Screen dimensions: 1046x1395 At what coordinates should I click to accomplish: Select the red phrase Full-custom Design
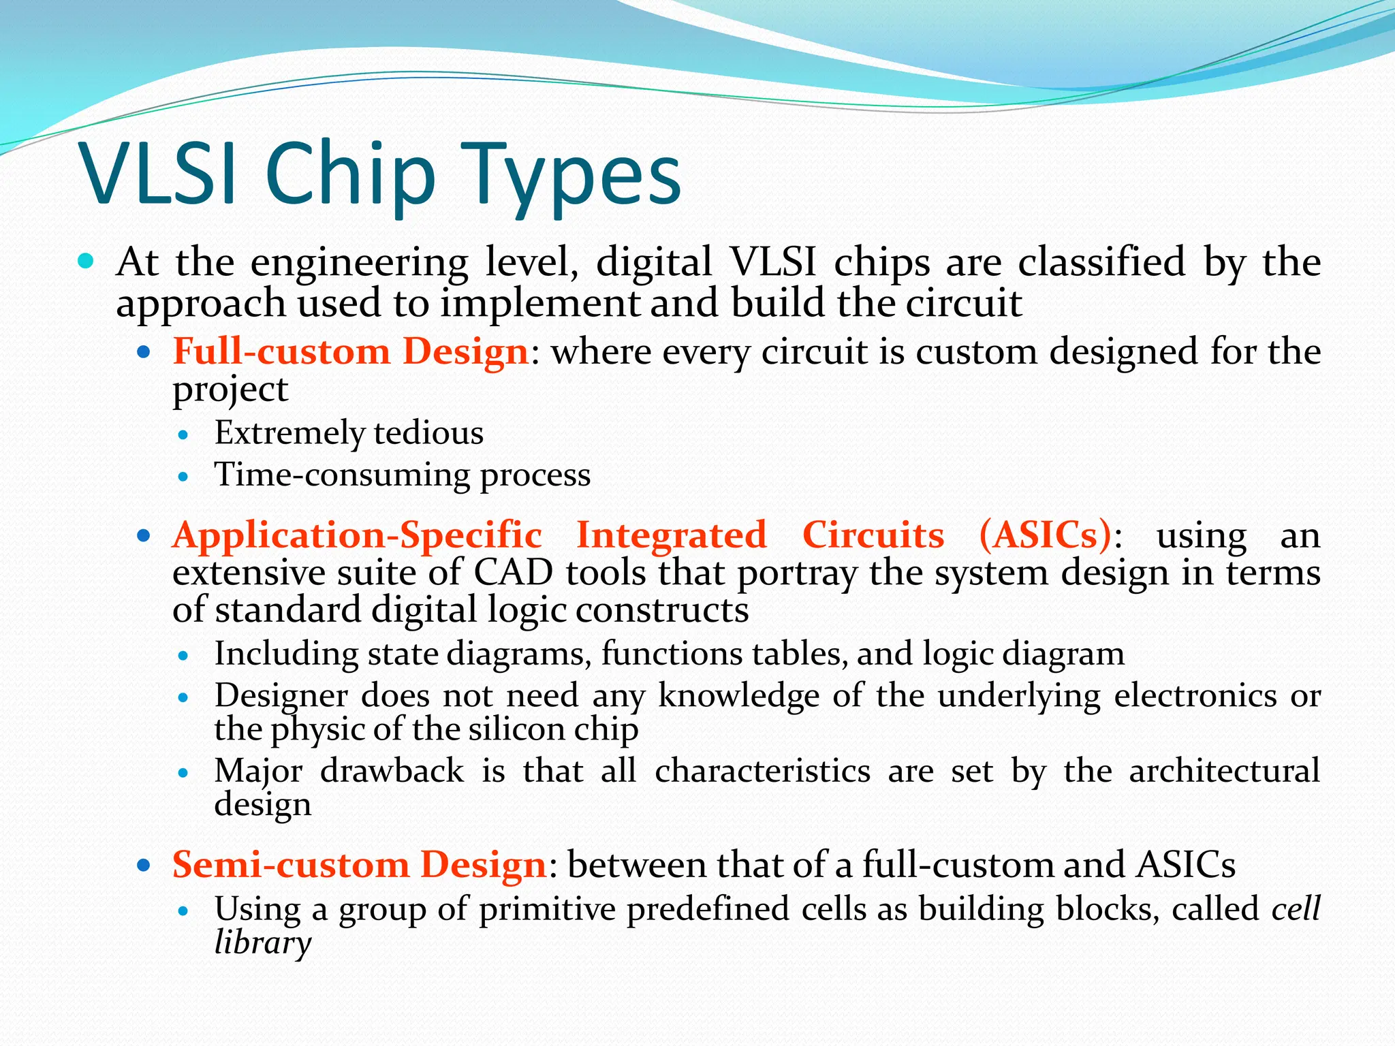pyautogui.click(x=351, y=351)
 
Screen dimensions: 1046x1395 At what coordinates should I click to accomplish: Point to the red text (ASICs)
pyautogui.click(x=1045, y=535)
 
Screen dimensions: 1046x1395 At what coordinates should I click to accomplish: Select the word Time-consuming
pyautogui.click(x=342, y=475)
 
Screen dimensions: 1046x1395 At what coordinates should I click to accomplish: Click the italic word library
pyautogui.click(x=262, y=943)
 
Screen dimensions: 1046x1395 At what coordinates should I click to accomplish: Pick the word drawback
pyautogui.click(x=392, y=772)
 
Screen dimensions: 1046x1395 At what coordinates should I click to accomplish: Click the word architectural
pyautogui.click(x=1224, y=772)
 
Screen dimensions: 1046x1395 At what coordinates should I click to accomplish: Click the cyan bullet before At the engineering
pyautogui.click(x=86, y=261)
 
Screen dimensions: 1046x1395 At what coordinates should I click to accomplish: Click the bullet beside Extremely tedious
pyautogui.click(x=182, y=434)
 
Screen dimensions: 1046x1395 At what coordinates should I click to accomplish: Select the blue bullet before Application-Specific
pyautogui.click(x=143, y=536)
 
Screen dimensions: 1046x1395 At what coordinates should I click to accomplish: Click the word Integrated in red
pyautogui.click(x=671, y=535)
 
